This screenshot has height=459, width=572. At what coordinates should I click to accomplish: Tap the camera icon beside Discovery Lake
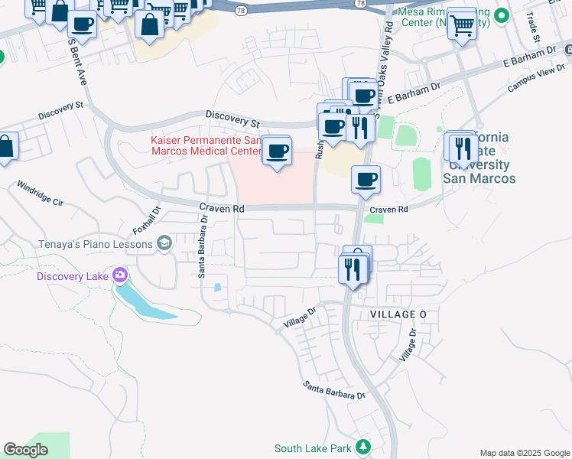click(119, 275)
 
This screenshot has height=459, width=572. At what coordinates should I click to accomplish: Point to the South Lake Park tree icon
click(364, 446)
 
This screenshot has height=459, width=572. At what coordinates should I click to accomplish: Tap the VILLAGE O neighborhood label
click(398, 315)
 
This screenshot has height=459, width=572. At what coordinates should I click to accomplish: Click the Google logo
click(26, 449)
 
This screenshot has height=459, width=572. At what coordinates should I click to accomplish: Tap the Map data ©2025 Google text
click(524, 453)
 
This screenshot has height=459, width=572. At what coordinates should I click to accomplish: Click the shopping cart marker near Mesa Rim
click(461, 24)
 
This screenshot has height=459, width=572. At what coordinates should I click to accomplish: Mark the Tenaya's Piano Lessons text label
click(97, 244)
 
